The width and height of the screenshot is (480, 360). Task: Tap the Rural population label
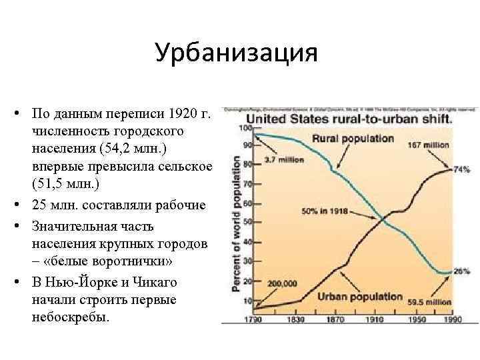coord(353,139)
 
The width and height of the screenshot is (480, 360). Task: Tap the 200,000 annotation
coord(282,283)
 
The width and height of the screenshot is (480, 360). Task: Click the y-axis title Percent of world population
coord(236,223)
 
